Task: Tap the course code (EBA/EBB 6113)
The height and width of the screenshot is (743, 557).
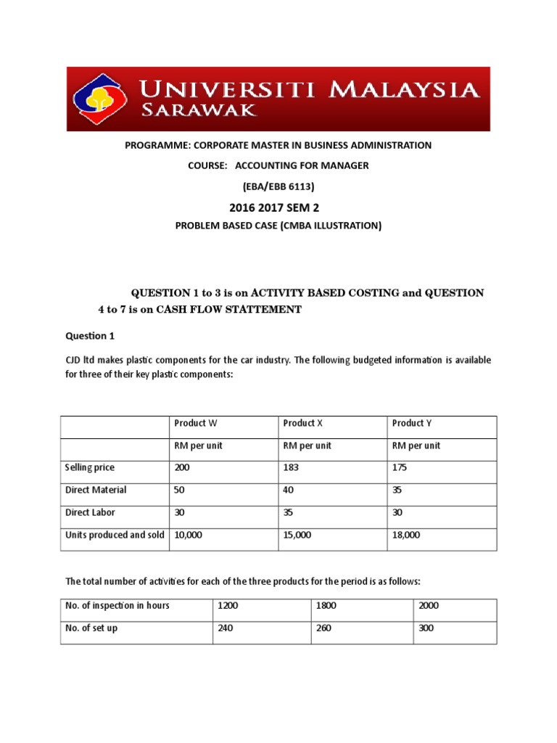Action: click(x=278, y=186)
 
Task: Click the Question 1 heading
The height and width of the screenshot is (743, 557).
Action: click(x=90, y=336)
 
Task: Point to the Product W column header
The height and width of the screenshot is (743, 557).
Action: click(x=195, y=423)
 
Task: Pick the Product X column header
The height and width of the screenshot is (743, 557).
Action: click(x=304, y=423)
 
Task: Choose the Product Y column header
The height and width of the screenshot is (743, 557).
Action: click(x=412, y=423)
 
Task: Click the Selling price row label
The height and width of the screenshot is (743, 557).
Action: click(x=89, y=468)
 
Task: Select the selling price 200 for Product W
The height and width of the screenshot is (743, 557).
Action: click(x=182, y=468)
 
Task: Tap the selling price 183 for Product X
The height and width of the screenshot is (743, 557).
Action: click(x=291, y=468)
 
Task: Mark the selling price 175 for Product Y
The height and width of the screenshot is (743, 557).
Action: click(x=400, y=468)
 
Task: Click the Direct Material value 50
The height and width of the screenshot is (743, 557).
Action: click(x=180, y=490)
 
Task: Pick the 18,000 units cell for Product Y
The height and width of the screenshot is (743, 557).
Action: click(x=406, y=535)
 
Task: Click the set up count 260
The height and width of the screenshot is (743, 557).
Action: click(x=323, y=628)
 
